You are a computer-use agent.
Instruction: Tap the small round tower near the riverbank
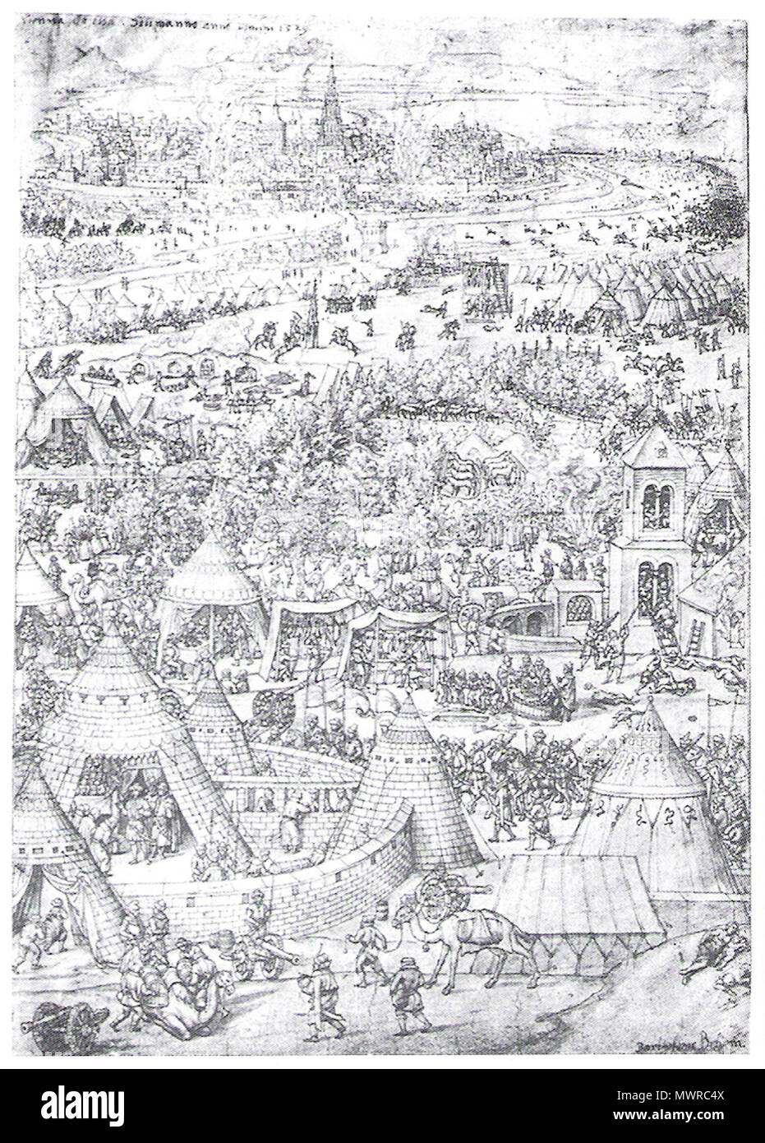tap(376, 233)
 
